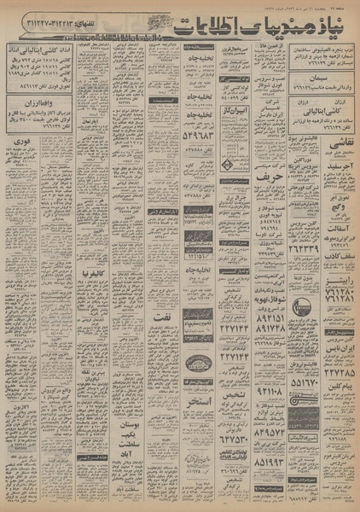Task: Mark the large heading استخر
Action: [201, 401]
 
